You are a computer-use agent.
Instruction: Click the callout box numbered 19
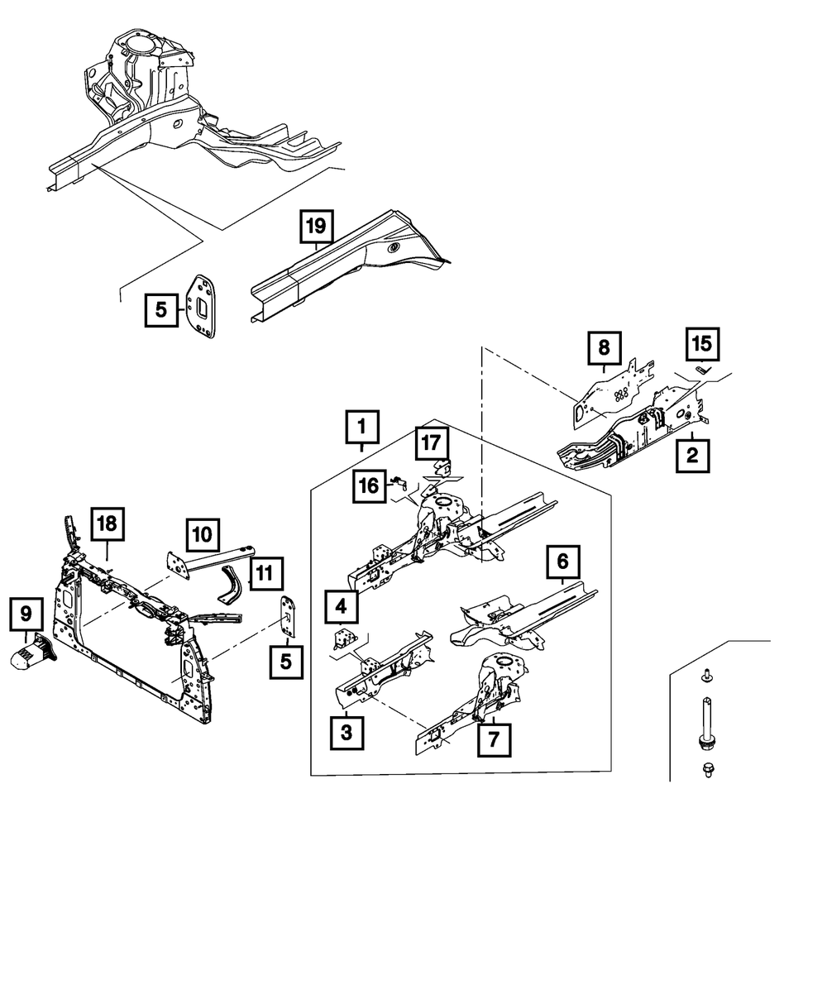pos(317,226)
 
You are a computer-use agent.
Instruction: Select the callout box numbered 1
pos(362,427)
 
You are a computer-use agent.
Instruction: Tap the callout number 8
pos(604,347)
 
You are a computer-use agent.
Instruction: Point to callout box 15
pos(702,344)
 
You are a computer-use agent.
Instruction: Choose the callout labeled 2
pos(692,456)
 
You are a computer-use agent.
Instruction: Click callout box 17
pos(432,443)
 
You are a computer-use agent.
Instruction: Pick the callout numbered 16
pos(370,486)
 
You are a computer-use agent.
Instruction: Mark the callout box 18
pos(108,524)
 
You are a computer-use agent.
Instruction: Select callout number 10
pos(203,535)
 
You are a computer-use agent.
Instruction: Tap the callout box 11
pos(266,573)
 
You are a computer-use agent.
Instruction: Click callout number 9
pos(26,614)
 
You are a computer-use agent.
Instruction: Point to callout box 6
pos(562,562)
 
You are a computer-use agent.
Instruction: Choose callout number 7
pos(494,740)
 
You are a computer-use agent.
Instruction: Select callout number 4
pos(341,607)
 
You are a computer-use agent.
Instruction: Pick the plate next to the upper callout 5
pos(201,306)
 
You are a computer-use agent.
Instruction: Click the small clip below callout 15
pos(704,370)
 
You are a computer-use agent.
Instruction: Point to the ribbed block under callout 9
pos(33,652)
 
